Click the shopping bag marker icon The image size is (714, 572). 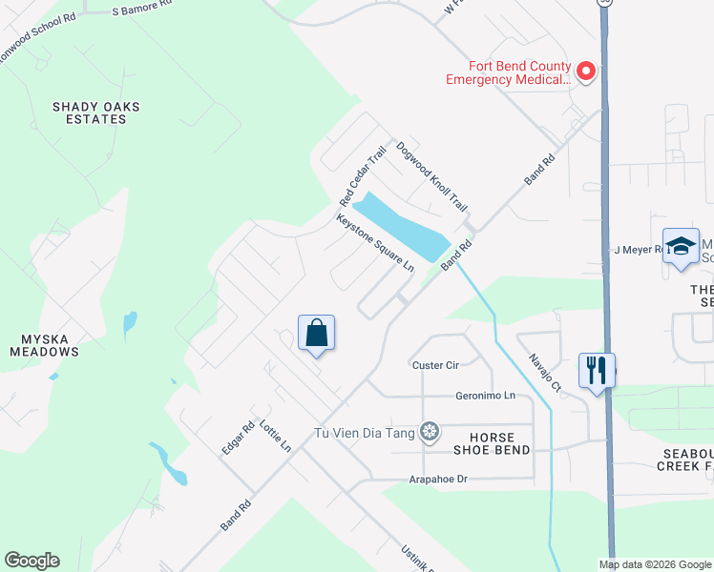click(x=316, y=334)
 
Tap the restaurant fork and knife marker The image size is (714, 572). click(x=597, y=369)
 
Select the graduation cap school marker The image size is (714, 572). click(x=681, y=246)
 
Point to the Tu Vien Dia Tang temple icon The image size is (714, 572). click(x=430, y=433)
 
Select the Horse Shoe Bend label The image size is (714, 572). click(x=492, y=443)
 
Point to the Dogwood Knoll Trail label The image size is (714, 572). click(x=431, y=176)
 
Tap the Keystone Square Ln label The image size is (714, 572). click(x=375, y=242)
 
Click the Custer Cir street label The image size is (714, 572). click(x=435, y=365)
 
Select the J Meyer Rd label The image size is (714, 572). click(x=638, y=250)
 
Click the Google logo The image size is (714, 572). click(x=31, y=561)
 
